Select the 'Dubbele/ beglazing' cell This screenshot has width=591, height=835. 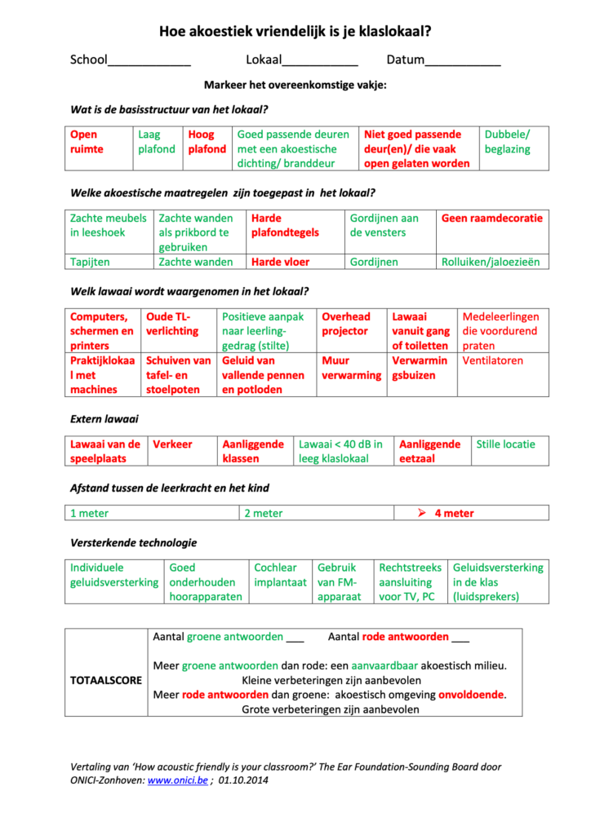point(507,142)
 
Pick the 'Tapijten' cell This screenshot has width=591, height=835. point(90,263)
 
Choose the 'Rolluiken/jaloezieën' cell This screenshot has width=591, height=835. point(491,263)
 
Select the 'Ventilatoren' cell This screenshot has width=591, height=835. point(492,360)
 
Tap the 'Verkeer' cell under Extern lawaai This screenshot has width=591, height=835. point(173,444)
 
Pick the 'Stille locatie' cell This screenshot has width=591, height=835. point(506,444)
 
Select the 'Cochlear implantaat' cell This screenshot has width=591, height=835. point(280,575)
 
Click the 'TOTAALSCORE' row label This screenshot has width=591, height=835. point(107,680)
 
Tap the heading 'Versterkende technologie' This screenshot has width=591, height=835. point(134,542)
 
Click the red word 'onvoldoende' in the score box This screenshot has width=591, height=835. point(471,695)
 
